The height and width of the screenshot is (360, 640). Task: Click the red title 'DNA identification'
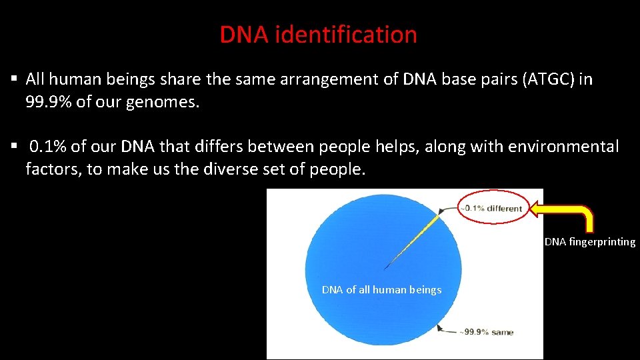318,35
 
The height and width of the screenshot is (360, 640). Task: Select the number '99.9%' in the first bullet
50,103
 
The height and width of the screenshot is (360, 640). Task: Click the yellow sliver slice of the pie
417,236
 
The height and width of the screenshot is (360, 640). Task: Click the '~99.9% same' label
486,332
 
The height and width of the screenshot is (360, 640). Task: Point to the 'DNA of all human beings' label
381,290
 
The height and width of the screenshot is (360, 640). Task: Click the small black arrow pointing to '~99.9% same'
443,327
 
